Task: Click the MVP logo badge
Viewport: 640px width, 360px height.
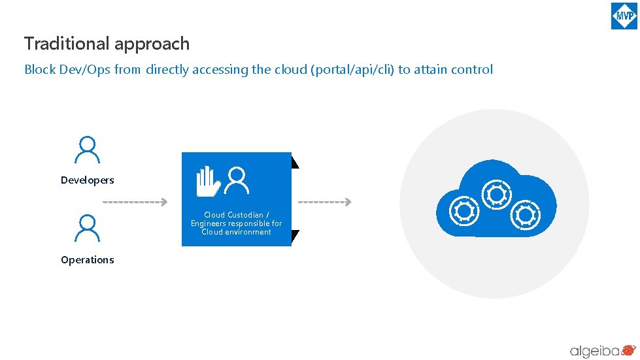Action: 624,16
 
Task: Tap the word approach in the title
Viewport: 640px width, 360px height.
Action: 152,44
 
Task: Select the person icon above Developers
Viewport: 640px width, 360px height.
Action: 87,150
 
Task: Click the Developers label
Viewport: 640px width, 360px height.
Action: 88,180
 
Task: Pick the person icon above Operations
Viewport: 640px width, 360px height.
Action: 87,229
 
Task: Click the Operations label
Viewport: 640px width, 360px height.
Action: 88,260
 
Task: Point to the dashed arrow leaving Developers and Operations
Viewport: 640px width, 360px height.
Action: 135,203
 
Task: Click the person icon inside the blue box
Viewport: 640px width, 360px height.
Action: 237,180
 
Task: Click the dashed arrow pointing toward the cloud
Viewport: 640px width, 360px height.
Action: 325,203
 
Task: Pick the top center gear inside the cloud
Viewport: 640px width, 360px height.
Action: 496,193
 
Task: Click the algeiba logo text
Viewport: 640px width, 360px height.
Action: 594,351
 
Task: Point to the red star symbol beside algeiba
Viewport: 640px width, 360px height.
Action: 629,350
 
